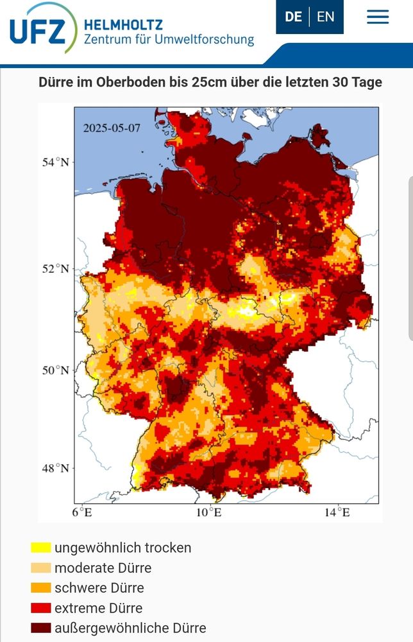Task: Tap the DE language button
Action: (293, 17)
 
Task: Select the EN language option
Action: (326, 17)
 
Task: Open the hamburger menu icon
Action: (378, 17)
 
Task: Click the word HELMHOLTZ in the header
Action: (124, 25)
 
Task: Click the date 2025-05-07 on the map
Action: (112, 127)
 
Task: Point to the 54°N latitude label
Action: (56, 162)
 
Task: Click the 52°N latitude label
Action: (56, 268)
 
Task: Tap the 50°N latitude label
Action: (56, 370)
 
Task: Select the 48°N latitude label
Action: (56, 468)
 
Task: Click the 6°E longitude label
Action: (81, 512)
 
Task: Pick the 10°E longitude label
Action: (208, 512)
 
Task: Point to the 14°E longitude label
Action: (337, 512)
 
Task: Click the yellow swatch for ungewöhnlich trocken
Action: (40, 548)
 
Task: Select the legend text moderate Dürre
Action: (103, 568)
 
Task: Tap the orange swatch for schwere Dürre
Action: (40, 588)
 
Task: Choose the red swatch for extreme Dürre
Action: (40, 608)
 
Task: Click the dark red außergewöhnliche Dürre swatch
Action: (40, 628)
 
